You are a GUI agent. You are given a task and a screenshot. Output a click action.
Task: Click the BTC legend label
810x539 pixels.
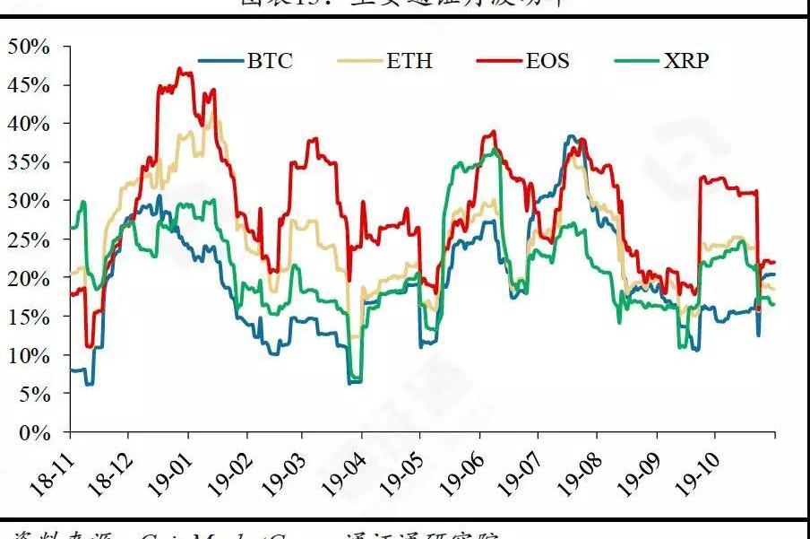(x=270, y=61)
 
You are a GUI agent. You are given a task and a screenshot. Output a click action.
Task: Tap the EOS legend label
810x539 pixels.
(x=547, y=61)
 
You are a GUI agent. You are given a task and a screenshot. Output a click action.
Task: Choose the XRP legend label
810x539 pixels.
(x=686, y=61)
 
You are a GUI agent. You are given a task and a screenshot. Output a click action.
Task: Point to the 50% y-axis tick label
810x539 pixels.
(x=30, y=46)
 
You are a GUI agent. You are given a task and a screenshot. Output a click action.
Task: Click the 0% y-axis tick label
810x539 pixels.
(x=36, y=432)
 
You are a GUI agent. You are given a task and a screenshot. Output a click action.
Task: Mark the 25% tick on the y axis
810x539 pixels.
(x=30, y=239)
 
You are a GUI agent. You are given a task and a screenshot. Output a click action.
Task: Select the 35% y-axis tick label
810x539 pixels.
(x=30, y=162)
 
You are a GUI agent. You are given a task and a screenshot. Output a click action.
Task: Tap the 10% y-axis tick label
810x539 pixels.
(x=30, y=355)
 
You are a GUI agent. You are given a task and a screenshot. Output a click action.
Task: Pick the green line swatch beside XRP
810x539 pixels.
(x=638, y=62)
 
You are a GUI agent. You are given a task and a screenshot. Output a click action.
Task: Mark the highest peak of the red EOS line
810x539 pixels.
(x=180, y=68)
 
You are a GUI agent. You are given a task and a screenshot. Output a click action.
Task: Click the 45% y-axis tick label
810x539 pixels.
(x=30, y=85)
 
